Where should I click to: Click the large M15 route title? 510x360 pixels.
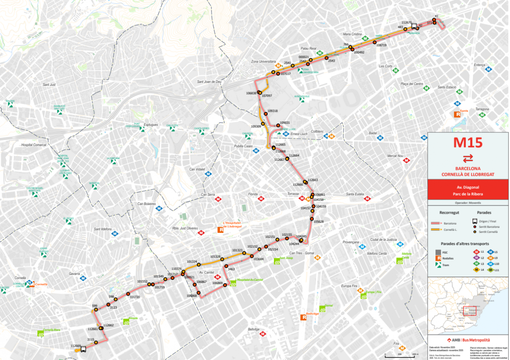[468, 143]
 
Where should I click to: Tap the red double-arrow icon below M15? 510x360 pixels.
[468, 158]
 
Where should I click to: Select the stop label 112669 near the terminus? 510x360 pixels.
[76, 346]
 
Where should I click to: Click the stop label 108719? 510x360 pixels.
[381, 45]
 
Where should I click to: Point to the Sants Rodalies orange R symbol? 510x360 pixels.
[458, 114]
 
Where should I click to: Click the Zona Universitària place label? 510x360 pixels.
[264, 61]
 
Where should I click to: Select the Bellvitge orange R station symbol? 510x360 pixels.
[304, 317]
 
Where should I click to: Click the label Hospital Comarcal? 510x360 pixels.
[33, 145]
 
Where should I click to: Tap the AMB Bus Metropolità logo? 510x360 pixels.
[468, 340]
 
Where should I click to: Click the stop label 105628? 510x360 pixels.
[319, 221]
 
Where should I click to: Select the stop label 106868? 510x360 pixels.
[191, 296]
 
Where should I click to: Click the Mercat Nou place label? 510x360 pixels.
[395, 156]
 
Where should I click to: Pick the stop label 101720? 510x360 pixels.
[134, 297]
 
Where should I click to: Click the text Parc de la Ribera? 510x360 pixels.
[468, 194]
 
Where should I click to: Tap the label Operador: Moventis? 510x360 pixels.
[468, 203]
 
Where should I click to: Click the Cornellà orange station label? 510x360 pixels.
[41, 284]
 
